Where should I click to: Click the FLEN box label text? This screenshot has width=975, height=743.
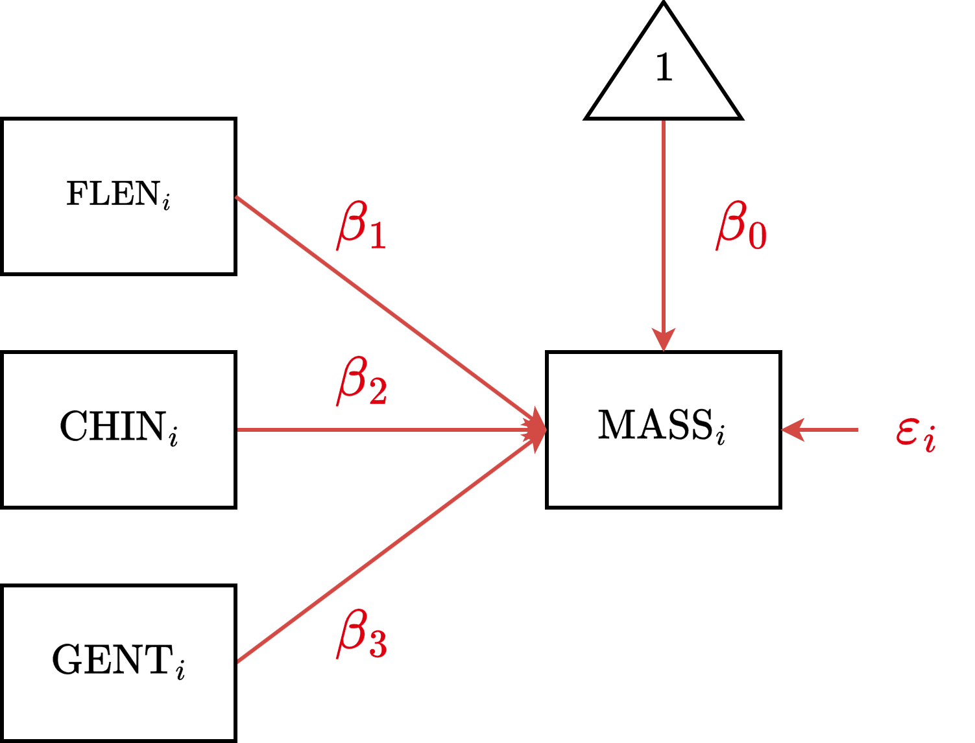(x=118, y=194)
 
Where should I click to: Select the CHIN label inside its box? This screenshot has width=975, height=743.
(x=118, y=427)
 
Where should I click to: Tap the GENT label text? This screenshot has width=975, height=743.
(x=118, y=661)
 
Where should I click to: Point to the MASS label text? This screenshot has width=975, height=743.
(x=661, y=427)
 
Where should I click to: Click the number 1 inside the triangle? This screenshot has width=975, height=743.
(x=664, y=68)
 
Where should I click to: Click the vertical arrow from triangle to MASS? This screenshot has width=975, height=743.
(x=664, y=227)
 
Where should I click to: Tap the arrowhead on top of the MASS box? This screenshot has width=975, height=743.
(x=664, y=340)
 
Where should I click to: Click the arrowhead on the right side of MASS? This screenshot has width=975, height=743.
(x=793, y=429)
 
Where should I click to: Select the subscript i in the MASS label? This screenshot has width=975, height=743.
(x=720, y=436)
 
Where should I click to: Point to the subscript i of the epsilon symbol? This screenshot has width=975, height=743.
(x=930, y=441)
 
